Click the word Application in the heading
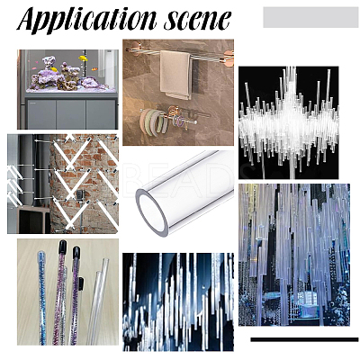point(87,20)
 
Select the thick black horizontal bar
point(304,339)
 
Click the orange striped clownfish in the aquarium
point(94,69)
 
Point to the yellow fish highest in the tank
point(83,58)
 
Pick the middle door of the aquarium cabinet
point(71,114)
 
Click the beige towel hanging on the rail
point(175,75)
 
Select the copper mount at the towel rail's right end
point(229,58)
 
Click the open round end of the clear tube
point(151,213)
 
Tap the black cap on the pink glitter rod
point(63,246)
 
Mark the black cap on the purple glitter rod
point(76,253)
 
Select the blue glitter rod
point(41,297)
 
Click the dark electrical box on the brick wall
point(80,195)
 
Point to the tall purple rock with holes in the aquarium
point(49,62)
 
